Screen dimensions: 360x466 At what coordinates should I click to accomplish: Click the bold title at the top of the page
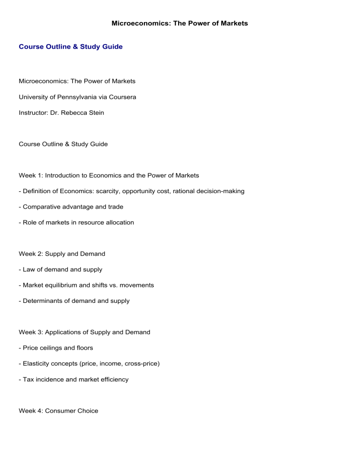[x=180, y=23]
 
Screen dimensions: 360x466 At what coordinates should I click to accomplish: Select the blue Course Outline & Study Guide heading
[x=70, y=60]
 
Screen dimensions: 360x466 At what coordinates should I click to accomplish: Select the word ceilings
[x=52, y=348]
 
